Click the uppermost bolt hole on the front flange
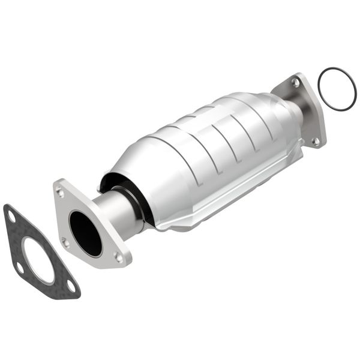[60, 192]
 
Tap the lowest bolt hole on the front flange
[118, 257]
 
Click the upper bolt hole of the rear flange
[295, 82]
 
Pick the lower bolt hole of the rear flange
[315, 142]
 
